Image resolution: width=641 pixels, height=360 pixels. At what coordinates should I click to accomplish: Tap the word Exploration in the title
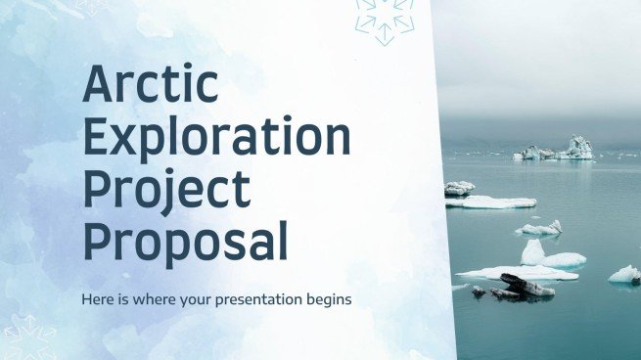pyautogui.click(x=216, y=139)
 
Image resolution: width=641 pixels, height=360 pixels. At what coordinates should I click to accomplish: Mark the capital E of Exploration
pyautogui.click(x=98, y=139)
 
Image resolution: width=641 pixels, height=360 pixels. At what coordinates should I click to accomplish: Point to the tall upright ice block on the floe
pyautogui.click(x=533, y=251)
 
